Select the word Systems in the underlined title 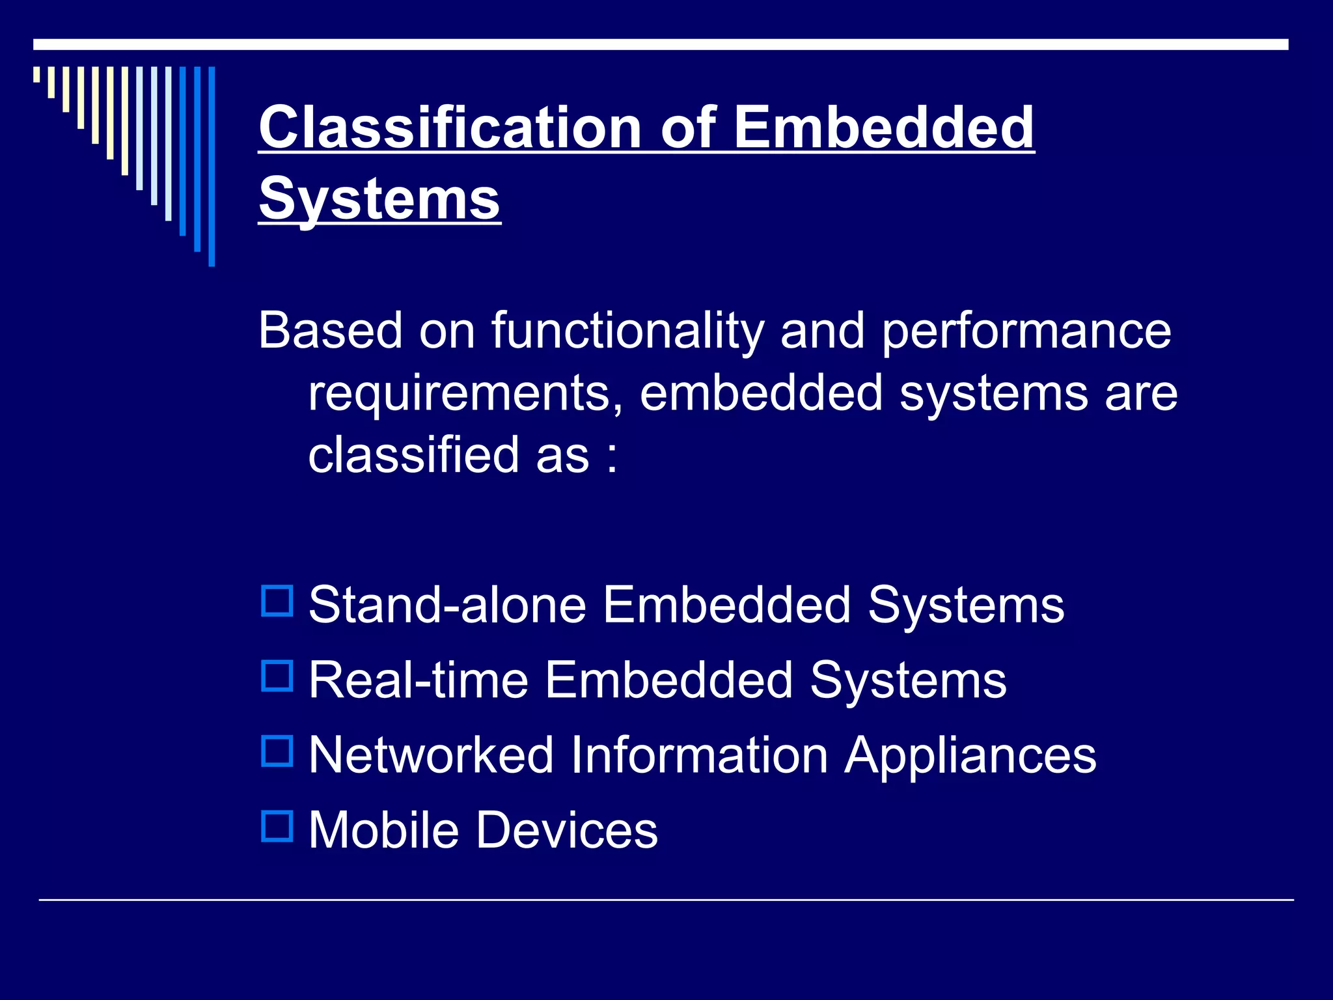(x=379, y=199)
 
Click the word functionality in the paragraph (x=627, y=331)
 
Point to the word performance (x=1026, y=331)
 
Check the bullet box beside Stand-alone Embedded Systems (x=277, y=601)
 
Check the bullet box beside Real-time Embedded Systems (x=277, y=676)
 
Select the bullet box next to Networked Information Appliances (x=277, y=751)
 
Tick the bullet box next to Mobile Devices (x=277, y=826)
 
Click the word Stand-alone (x=448, y=605)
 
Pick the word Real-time (x=419, y=680)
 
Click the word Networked (x=431, y=755)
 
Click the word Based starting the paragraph (x=331, y=331)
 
